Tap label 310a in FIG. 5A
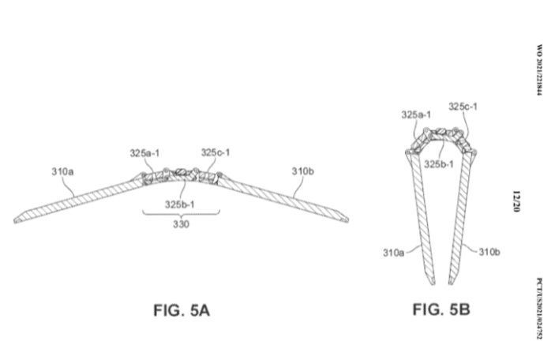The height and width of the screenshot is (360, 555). pyautogui.click(x=64, y=171)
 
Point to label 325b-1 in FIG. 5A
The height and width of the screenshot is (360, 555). pyautogui.click(x=182, y=204)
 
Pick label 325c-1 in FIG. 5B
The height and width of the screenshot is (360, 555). pyautogui.click(x=463, y=107)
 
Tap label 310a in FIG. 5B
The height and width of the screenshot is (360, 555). pyautogui.click(x=394, y=253)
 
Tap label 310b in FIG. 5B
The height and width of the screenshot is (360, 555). pyautogui.click(x=489, y=253)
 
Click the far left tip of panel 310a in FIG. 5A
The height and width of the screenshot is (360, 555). pyautogui.click(x=15, y=219)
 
